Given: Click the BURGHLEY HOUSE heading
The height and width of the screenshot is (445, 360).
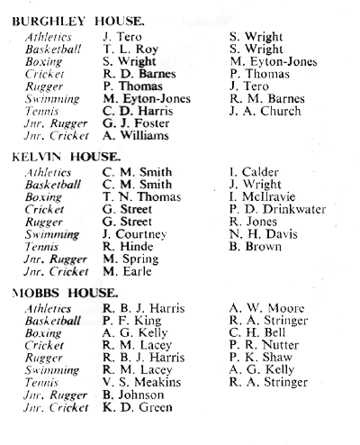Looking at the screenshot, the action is pos(78,22).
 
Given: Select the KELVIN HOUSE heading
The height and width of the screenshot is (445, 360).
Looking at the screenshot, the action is pos(66,157).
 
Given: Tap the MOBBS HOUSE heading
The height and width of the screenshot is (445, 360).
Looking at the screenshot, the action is pos(65,293).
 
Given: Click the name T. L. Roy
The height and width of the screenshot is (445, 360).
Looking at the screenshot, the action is pos(130,49).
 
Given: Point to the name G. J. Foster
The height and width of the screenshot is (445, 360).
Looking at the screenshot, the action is pos(136,123).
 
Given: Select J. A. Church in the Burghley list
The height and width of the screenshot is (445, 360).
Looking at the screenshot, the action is pos(265,111).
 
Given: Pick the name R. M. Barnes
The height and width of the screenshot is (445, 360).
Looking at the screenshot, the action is pos(267,98).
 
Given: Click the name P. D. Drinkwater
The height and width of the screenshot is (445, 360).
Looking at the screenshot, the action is pos(277,209).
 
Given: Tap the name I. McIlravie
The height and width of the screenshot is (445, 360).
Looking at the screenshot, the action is pos(263,196).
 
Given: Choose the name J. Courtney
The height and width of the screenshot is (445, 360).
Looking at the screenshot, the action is pos(135,234).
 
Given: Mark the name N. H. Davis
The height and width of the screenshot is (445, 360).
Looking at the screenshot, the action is pos(264,234).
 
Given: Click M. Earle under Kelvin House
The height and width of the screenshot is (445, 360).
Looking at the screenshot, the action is pos(127,271).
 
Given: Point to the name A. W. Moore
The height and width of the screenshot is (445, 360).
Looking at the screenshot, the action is pos(266,308).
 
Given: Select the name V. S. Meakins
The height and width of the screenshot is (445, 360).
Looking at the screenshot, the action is pos(142,382).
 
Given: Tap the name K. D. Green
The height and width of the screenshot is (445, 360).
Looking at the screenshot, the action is pos(138,407).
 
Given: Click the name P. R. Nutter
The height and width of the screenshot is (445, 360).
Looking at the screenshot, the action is pos(264,345).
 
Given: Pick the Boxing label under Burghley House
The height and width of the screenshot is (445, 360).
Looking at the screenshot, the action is pos(44,62).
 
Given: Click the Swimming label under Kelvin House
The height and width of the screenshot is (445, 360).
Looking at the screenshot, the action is pos(52,235).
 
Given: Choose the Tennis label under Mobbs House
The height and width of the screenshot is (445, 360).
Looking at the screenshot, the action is pos(41,382).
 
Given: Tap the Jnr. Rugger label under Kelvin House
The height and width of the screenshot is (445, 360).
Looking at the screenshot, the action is pos(56,259).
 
